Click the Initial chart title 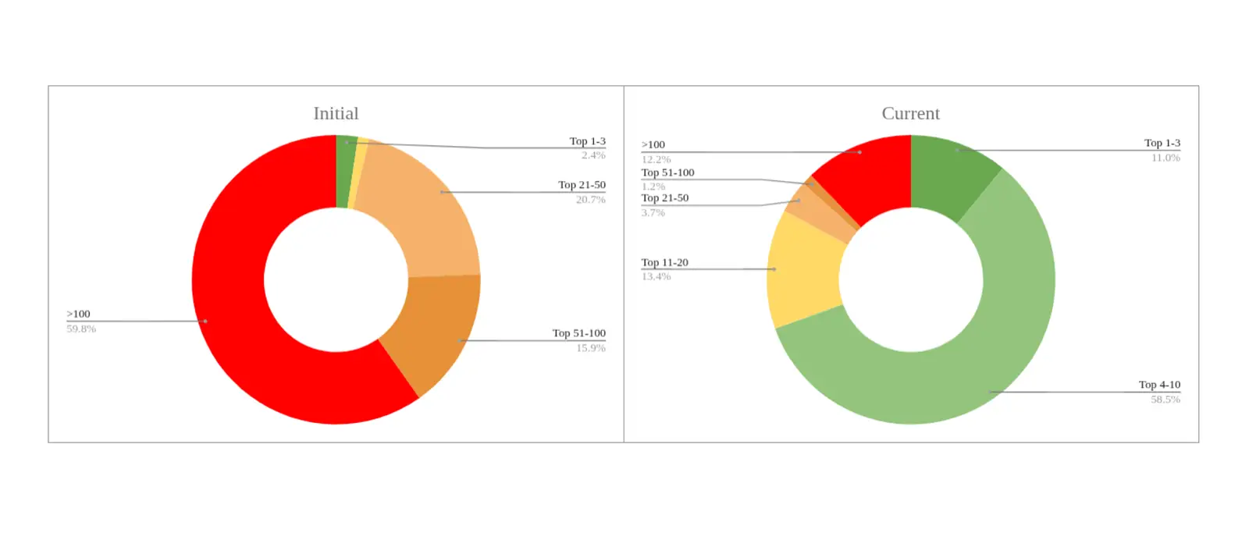[336, 114]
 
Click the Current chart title [910, 114]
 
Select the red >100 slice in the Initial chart [234, 312]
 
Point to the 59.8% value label [81, 329]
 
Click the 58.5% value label [1165, 400]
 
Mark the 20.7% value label [590, 200]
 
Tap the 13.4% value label [656, 277]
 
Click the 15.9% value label [590, 348]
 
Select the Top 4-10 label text [1159, 385]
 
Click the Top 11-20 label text [664, 262]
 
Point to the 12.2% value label [656, 159]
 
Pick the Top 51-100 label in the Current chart [667, 172]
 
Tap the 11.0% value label [1165, 158]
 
